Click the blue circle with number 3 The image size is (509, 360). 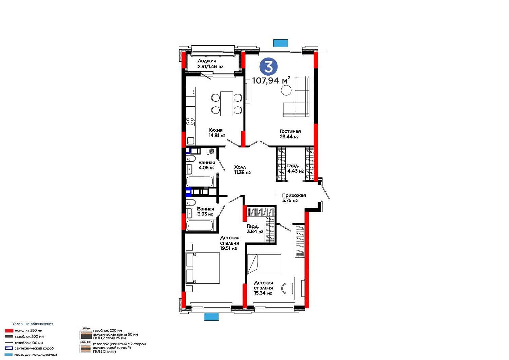[x=268, y=67]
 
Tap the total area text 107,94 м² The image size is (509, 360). [x=271, y=80]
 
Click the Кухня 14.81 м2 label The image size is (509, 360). [x=217, y=133]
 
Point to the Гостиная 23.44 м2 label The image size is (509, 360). [x=290, y=134]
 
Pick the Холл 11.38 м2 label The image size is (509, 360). [x=243, y=170]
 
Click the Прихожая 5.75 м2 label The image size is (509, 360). [x=294, y=198]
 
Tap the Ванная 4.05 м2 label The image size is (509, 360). [x=206, y=165]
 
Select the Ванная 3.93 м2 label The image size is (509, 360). [x=205, y=211]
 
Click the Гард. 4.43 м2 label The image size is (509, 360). [x=296, y=168]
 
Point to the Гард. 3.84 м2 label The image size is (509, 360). [x=255, y=229]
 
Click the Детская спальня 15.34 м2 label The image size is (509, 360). [x=263, y=288]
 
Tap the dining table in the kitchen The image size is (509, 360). [x=227, y=104]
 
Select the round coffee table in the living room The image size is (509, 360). [x=286, y=90]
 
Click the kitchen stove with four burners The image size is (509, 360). [x=190, y=121]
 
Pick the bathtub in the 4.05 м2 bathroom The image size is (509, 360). [x=200, y=182]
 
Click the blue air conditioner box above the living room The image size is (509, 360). [x=280, y=43]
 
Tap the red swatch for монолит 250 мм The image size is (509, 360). [x=9, y=330]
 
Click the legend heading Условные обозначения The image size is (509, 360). [x=33, y=324]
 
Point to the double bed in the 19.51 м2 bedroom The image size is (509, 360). [x=203, y=268]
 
